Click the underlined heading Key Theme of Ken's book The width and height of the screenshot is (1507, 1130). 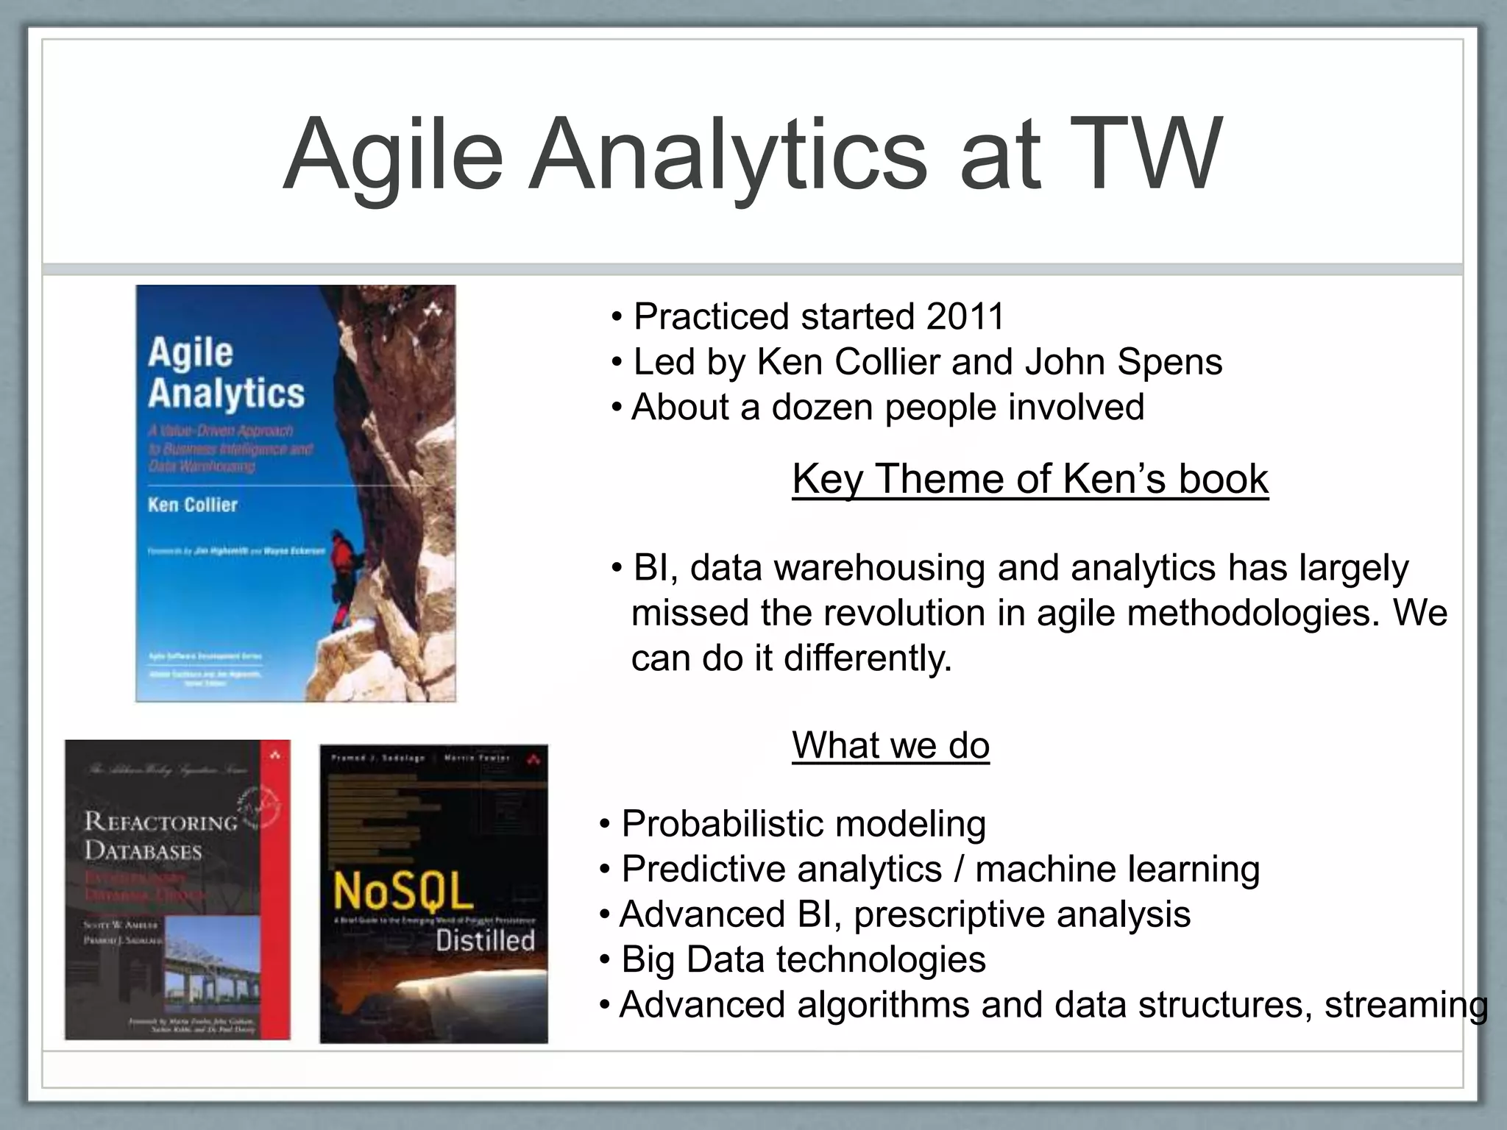point(1029,479)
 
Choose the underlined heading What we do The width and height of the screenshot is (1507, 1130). point(890,745)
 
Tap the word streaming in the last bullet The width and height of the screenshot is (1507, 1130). point(1406,1005)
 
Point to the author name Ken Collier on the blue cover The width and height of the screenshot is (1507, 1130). point(193,505)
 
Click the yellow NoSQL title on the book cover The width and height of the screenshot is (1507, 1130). point(403,892)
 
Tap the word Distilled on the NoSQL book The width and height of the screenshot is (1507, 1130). point(485,940)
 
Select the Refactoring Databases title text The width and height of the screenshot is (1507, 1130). point(160,836)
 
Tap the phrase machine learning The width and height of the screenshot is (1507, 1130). point(1117,870)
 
